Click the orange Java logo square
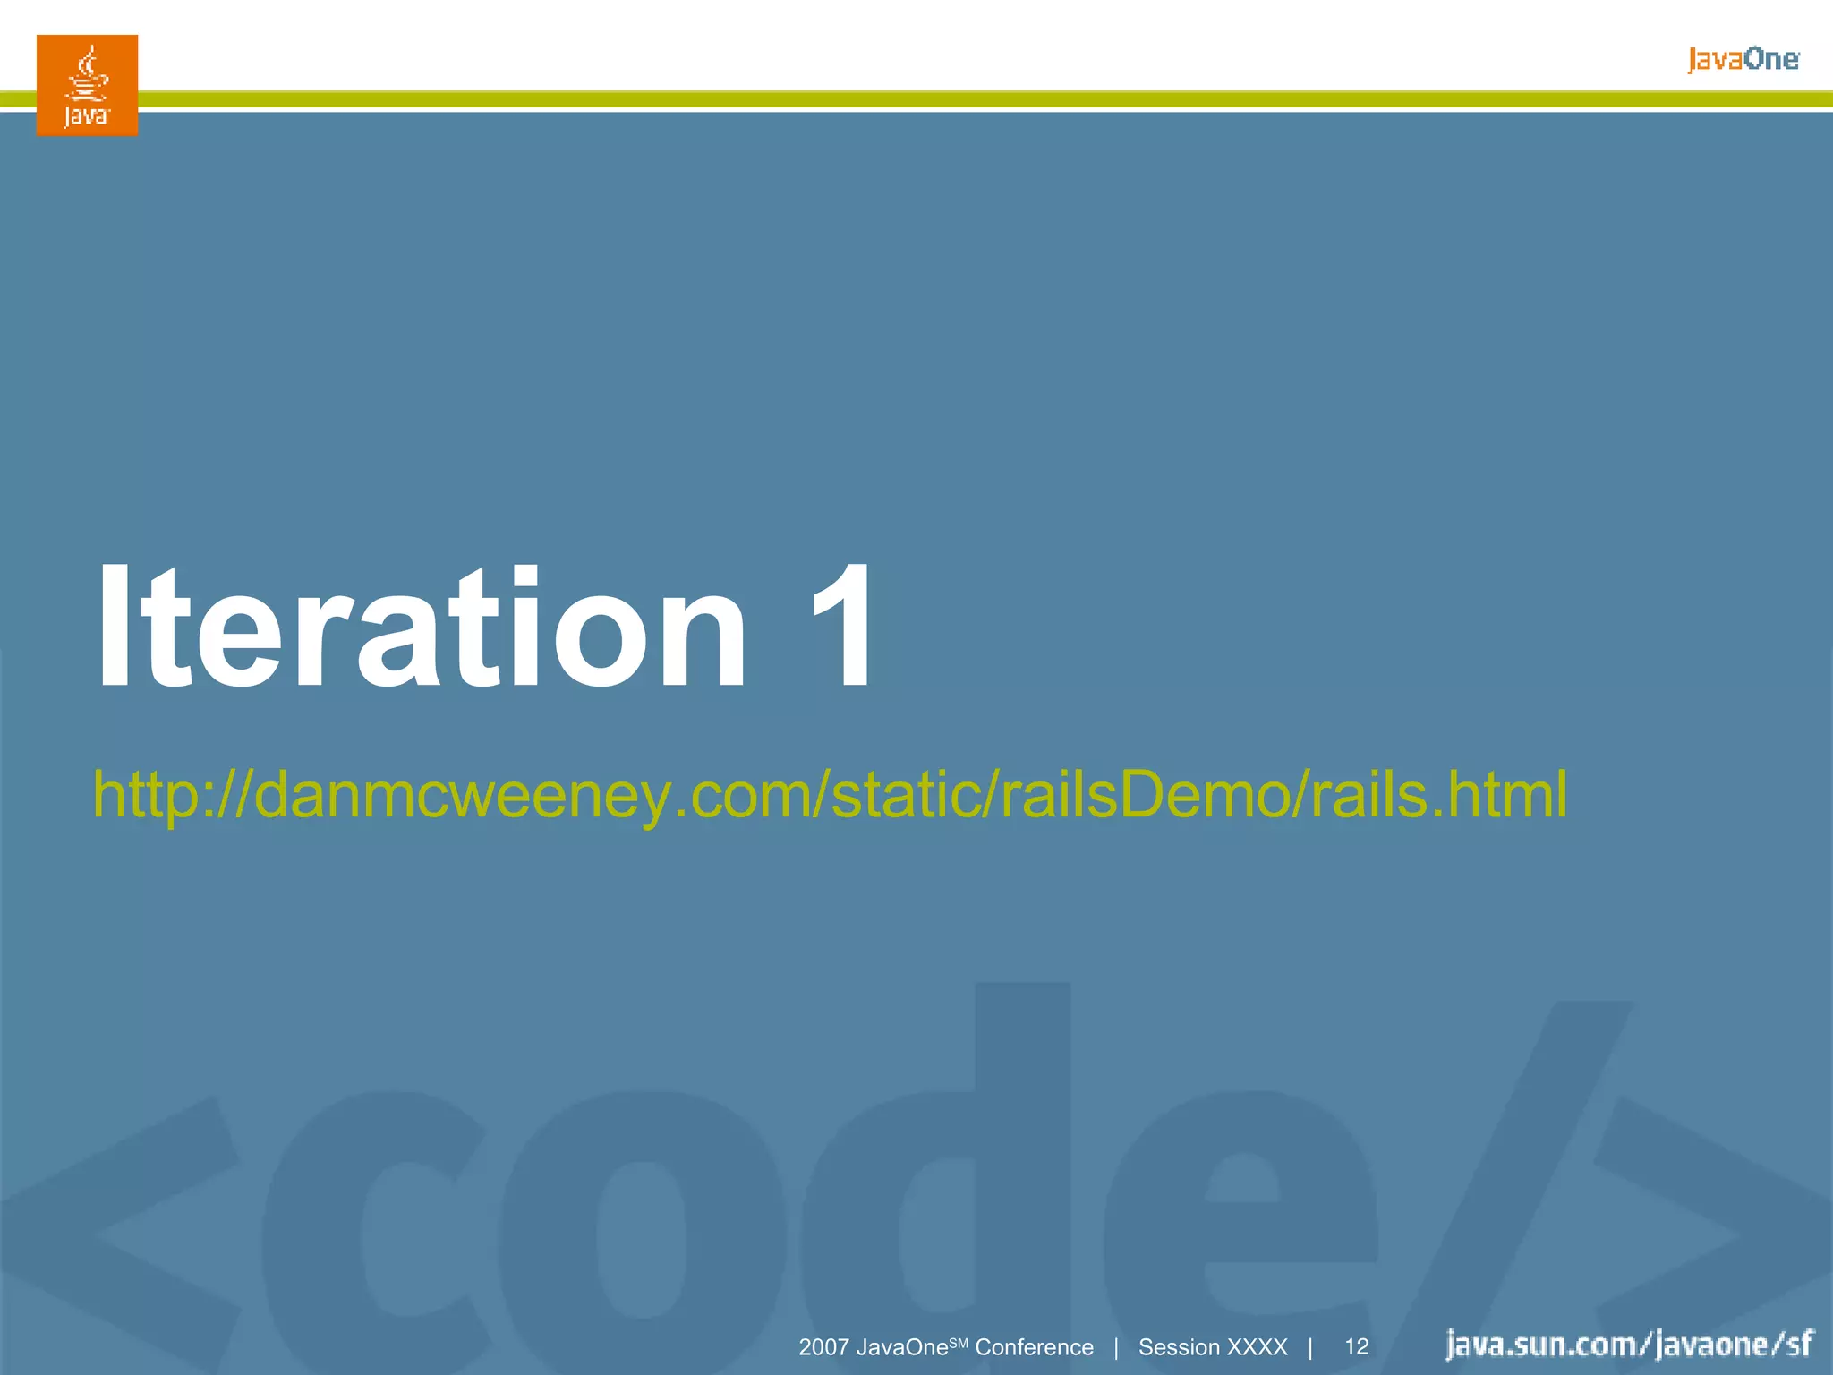(x=87, y=85)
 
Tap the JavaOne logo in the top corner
(x=1743, y=60)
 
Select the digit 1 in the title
(x=841, y=627)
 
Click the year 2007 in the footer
(x=823, y=1347)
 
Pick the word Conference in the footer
(x=1034, y=1347)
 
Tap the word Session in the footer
(x=1179, y=1347)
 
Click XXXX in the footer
(x=1258, y=1347)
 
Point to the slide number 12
(x=1357, y=1347)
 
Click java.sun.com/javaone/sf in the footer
(x=1629, y=1345)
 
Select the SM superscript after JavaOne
(x=959, y=1341)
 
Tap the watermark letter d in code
(x=940, y=1191)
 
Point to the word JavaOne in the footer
(x=901, y=1347)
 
